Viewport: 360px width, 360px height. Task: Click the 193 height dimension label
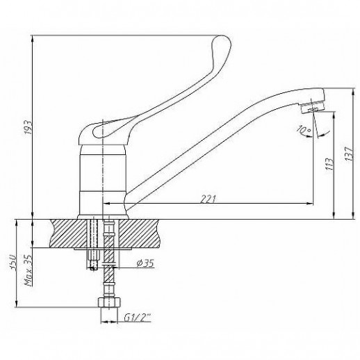click(x=28, y=127)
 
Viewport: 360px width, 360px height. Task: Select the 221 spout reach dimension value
click(x=208, y=199)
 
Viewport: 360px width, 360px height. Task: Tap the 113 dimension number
click(x=329, y=164)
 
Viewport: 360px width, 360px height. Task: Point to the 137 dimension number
click(x=350, y=153)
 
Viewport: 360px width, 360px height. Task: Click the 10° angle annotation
click(x=304, y=131)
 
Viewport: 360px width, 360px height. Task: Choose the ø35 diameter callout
click(x=145, y=263)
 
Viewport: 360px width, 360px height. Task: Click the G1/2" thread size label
click(x=138, y=318)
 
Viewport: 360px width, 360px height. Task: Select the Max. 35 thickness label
click(x=28, y=270)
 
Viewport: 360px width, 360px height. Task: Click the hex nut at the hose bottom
click(x=109, y=302)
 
